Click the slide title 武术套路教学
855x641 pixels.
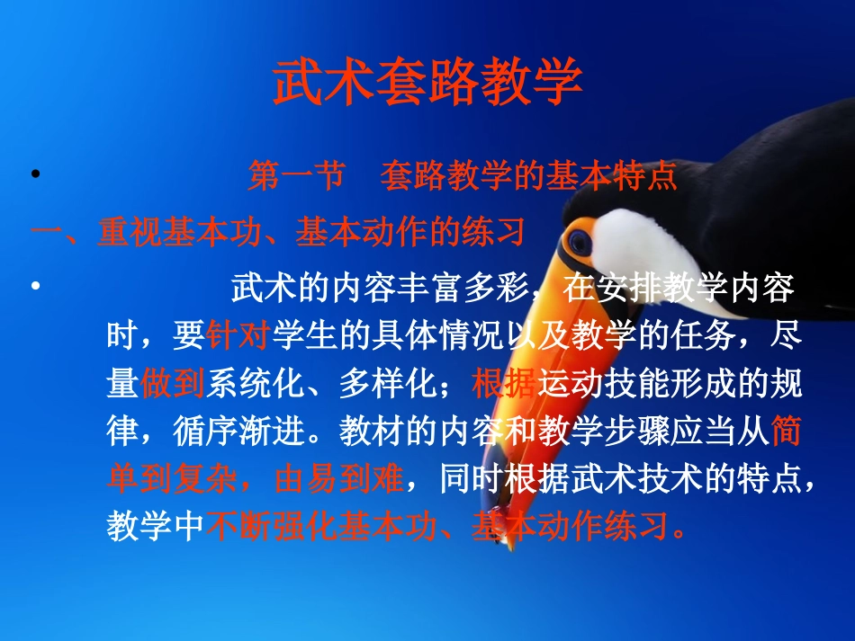tap(427, 83)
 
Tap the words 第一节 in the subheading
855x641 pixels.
tap(296, 176)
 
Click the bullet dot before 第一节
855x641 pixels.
tap(35, 175)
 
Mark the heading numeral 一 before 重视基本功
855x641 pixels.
tap(46, 233)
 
